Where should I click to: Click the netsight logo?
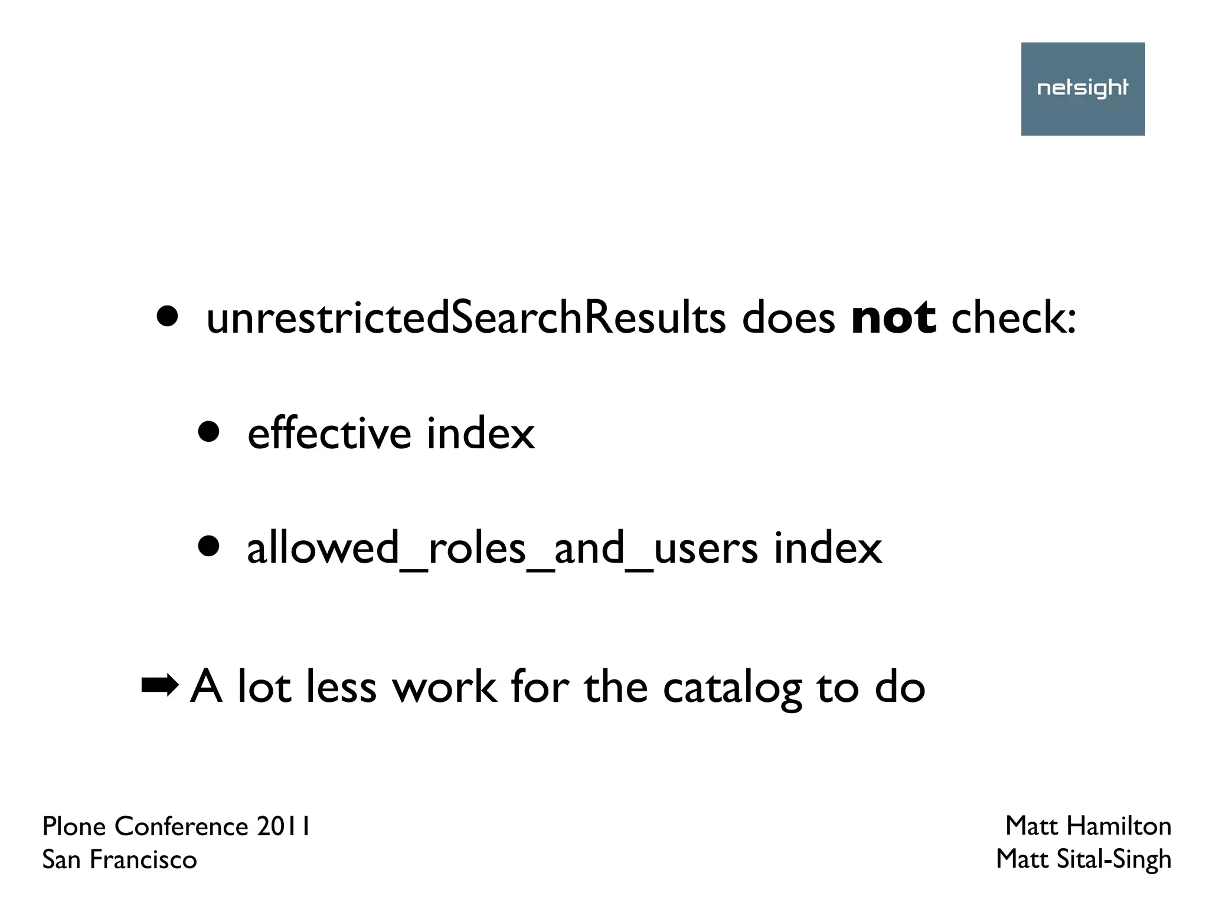(x=1083, y=88)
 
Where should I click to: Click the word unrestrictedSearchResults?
(x=466, y=318)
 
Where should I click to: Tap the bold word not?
(x=893, y=318)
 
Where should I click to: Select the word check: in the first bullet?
(x=1014, y=318)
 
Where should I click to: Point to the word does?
(x=788, y=318)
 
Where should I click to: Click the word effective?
(x=329, y=434)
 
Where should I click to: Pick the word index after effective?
(x=481, y=434)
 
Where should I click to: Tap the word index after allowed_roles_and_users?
(x=828, y=549)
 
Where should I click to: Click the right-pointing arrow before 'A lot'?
(x=159, y=685)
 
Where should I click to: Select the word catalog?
(x=732, y=688)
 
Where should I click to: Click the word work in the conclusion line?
(x=445, y=688)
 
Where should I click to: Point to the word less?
(x=341, y=688)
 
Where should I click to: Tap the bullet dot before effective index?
(x=208, y=432)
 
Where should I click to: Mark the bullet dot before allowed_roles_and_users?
(x=208, y=547)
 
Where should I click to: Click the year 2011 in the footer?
(x=283, y=826)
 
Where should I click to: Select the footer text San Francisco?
(x=119, y=859)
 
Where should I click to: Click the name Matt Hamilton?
(x=1088, y=826)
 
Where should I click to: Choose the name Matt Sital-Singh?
(x=1083, y=859)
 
